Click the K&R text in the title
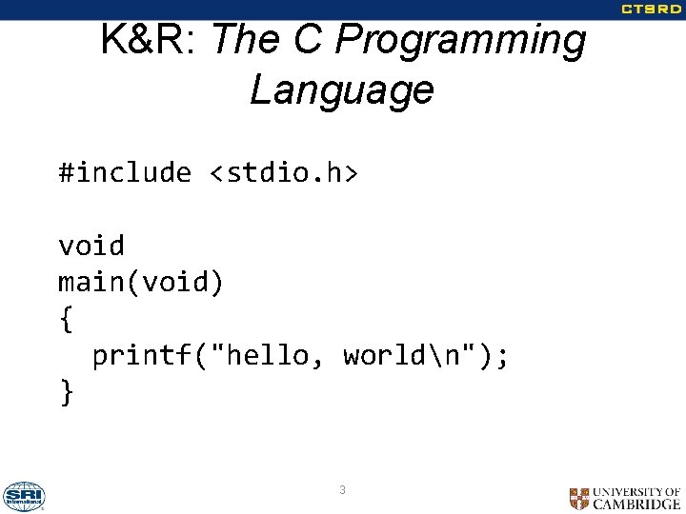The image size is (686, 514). click(145, 41)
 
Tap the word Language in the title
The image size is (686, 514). click(341, 90)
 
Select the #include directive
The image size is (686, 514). click(125, 172)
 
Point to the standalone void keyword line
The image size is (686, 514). click(91, 246)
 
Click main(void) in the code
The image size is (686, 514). click(141, 283)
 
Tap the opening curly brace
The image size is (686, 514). click(66, 320)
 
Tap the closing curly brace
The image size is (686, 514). click(66, 392)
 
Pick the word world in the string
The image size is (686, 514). click(384, 356)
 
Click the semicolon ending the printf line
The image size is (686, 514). click(503, 356)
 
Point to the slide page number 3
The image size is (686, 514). click(342, 490)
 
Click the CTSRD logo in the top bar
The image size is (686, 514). click(652, 10)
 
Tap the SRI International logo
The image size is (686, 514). click(24, 496)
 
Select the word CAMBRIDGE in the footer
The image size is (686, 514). click(636, 504)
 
